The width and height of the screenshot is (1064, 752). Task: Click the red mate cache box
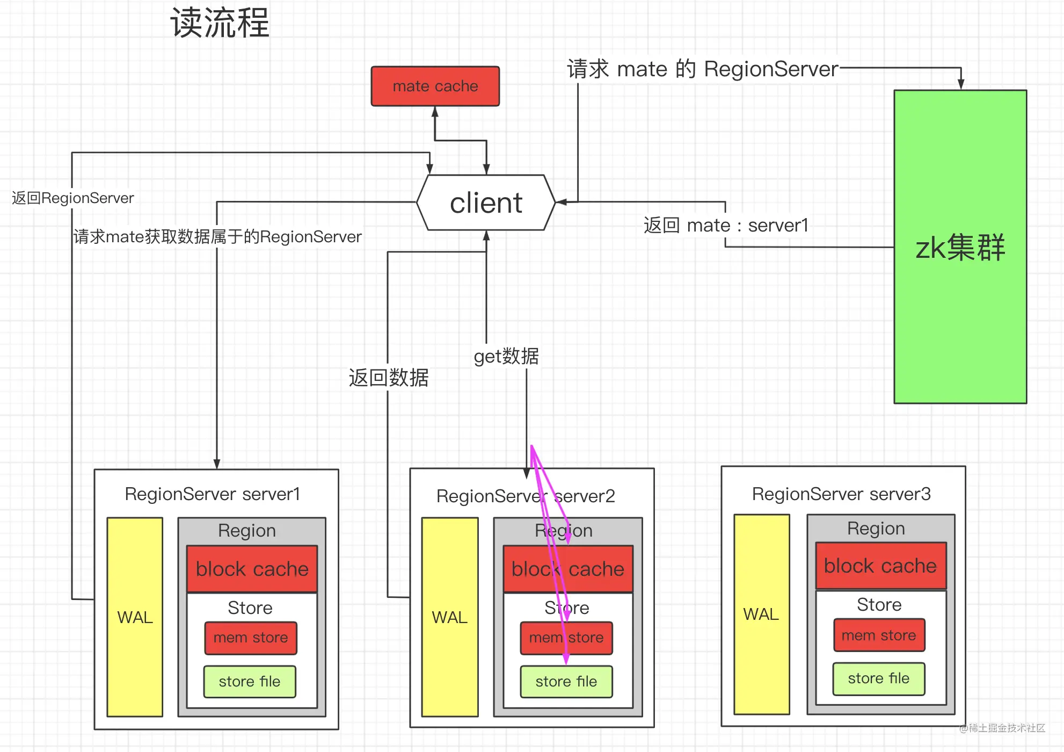(435, 86)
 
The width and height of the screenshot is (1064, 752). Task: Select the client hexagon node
(486, 203)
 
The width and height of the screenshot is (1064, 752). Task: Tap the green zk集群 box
(960, 247)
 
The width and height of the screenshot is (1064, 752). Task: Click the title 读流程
(220, 23)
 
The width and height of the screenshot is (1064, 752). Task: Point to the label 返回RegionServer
(73, 198)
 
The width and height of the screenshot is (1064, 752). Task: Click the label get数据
(506, 356)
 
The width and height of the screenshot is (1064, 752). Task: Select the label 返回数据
(389, 378)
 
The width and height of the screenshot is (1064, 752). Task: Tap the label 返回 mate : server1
(726, 225)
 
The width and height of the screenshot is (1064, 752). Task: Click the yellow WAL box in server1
(135, 617)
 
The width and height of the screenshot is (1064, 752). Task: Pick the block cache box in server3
(880, 566)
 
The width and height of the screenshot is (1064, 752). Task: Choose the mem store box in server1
(251, 638)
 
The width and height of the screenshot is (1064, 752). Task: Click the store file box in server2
(566, 682)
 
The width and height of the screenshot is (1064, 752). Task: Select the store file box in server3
(879, 678)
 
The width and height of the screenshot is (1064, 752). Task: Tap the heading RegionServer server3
(841, 494)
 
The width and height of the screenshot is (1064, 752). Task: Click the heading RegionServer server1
(213, 494)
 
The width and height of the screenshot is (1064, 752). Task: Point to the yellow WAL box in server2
(450, 617)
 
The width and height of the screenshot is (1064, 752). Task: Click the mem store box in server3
(879, 635)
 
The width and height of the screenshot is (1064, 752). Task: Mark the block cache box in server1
(252, 569)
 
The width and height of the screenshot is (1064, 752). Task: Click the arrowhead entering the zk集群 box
(961, 85)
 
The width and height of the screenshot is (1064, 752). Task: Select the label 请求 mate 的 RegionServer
(703, 69)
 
